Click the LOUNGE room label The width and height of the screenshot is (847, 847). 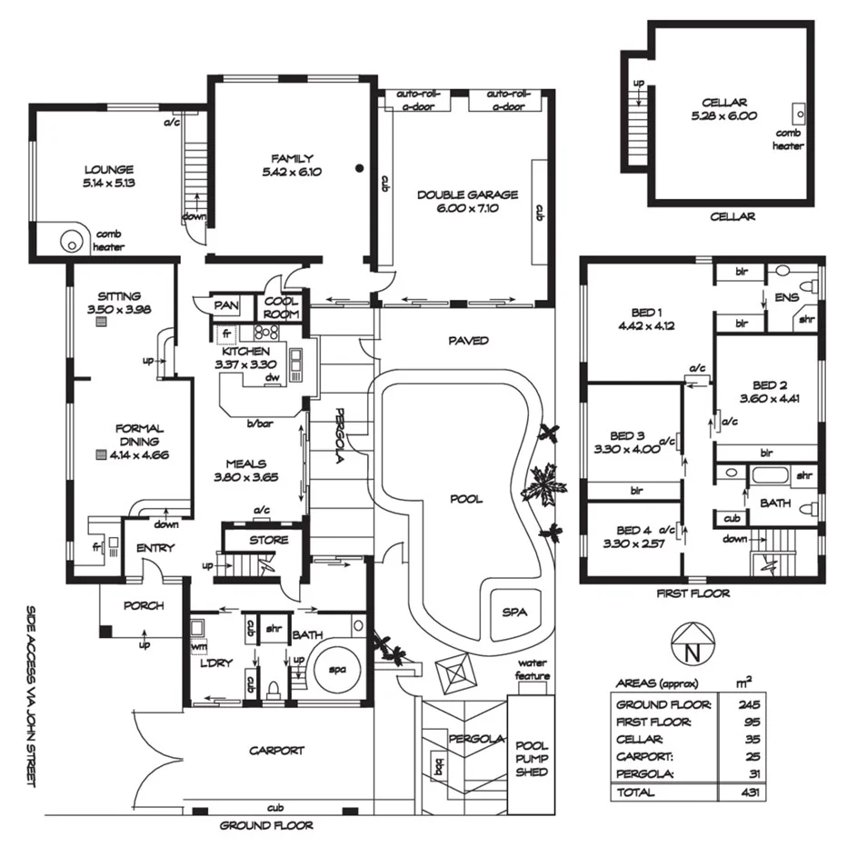tap(109, 169)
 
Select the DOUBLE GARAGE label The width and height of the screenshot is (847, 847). tap(468, 194)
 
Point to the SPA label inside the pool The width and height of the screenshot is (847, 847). tap(513, 612)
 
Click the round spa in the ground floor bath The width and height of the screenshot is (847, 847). tap(337, 671)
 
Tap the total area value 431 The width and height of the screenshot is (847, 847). tap(751, 792)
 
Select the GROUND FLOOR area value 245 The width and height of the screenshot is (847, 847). tap(751, 704)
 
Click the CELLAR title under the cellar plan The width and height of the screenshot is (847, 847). tap(732, 217)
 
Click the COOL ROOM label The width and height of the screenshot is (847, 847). tap(282, 308)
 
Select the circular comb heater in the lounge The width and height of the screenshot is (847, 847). tap(71, 242)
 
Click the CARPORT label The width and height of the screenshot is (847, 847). tap(277, 751)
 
